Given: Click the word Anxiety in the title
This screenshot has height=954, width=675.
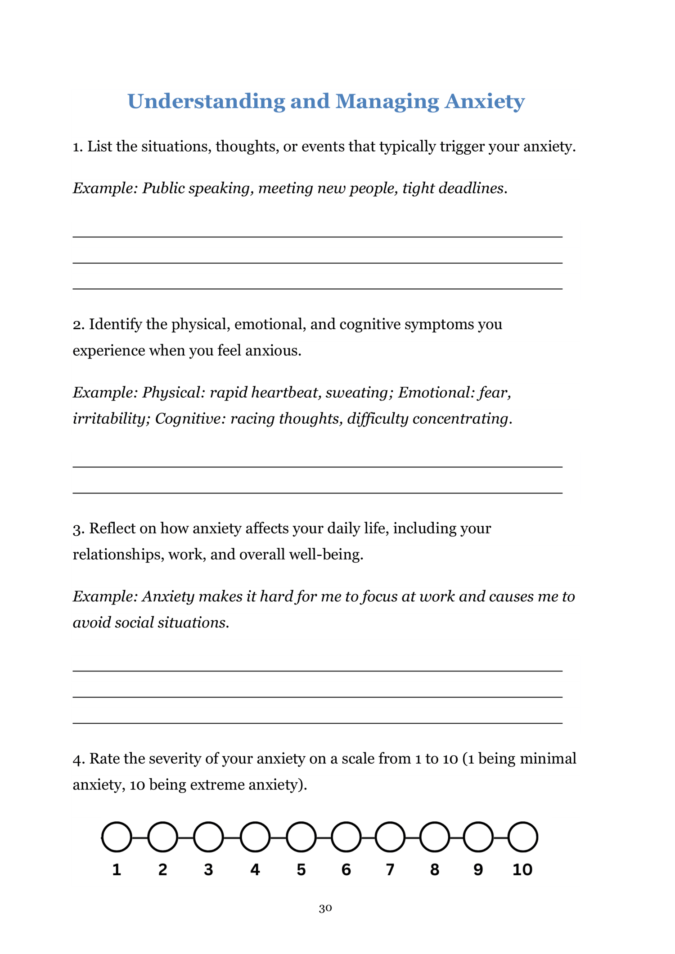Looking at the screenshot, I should pos(484,101).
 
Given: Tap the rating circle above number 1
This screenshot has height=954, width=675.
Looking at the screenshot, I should pos(117,837).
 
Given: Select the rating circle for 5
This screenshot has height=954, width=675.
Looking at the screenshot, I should pos(301,837).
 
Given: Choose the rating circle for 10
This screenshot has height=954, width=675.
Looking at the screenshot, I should pos(522,837).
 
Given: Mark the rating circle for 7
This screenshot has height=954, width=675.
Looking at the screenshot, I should pos(390,837).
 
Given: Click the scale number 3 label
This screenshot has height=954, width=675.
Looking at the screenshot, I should pos(208,869).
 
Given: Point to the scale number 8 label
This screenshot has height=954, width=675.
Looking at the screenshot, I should pos(434,869).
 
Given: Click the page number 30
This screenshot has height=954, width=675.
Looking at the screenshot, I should pos(325,909).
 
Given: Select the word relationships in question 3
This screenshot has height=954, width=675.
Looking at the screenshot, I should pos(118,555).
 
